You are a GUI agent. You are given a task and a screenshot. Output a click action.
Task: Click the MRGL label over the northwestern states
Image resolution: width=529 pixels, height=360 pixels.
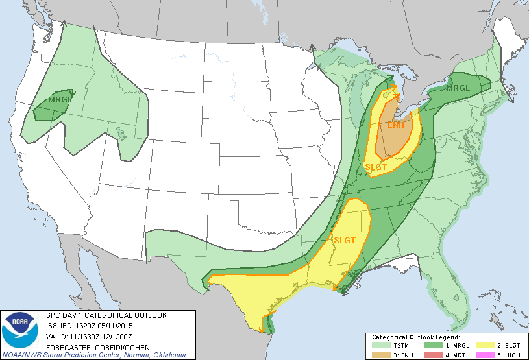(x=60, y=100)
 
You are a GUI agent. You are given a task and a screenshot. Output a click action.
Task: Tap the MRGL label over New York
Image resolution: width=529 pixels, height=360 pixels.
(x=459, y=88)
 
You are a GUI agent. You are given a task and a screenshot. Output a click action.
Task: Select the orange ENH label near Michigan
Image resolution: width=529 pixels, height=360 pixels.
(x=395, y=125)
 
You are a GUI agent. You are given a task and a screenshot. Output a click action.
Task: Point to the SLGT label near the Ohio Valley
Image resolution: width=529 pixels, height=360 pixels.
(x=376, y=167)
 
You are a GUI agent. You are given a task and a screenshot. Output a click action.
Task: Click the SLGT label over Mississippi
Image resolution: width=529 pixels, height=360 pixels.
(x=345, y=240)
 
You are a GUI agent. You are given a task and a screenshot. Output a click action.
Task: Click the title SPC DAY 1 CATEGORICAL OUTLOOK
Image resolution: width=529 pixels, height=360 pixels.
(x=106, y=315)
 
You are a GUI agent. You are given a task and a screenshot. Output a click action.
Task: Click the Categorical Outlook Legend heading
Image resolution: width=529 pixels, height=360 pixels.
(x=415, y=337)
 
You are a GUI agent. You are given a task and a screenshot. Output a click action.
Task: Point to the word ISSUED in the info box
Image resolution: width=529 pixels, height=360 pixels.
(x=58, y=326)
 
